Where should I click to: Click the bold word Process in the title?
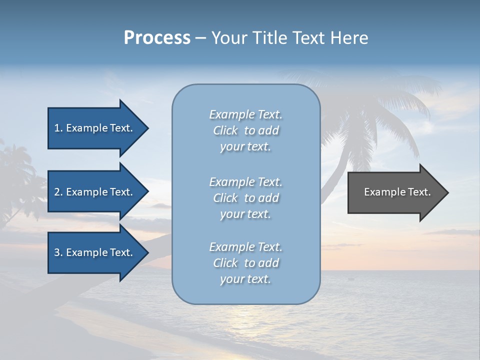click(157, 38)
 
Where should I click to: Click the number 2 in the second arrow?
click(57, 192)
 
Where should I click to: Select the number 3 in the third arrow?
click(57, 252)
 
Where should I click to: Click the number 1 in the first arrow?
click(57, 128)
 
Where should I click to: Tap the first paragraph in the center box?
click(245, 130)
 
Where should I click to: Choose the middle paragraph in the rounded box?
click(245, 198)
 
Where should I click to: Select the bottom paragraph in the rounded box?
click(245, 263)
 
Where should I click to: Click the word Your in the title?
click(228, 38)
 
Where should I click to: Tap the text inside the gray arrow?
click(397, 192)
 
